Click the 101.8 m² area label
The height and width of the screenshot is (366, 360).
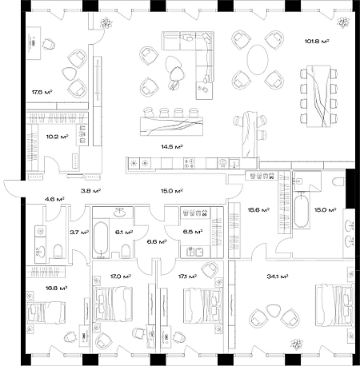tap(317, 42)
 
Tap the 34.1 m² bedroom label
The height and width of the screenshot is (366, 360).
tap(278, 276)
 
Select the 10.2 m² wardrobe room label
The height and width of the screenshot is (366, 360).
tap(57, 137)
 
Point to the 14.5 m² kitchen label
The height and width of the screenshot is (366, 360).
tap(172, 146)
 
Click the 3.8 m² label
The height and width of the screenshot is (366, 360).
tap(90, 191)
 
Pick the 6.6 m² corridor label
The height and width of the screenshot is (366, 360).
tap(157, 241)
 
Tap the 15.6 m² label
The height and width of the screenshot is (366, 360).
tap(258, 210)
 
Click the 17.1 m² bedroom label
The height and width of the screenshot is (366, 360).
tap(187, 276)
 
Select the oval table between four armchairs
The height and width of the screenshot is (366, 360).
tap(258, 60)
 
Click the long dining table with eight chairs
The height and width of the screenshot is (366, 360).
tap(318, 96)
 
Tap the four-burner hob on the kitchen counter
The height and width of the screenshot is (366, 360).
tap(189, 163)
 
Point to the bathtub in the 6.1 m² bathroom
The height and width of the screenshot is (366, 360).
tap(101, 239)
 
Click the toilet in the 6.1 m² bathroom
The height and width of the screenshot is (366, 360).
tap(126, 251)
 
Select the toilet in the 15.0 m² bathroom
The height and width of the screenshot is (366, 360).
tap(339, 181)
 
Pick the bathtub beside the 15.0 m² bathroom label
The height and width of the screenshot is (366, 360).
tap(302, 211)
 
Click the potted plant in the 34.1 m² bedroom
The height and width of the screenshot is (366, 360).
tap(297, 344)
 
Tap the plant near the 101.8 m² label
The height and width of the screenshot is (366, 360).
tap(343, 22)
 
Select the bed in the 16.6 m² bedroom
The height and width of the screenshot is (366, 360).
tap(46, 312)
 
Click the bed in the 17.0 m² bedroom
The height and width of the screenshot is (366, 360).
tap(114, 304)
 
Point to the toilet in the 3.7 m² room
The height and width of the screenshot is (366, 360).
tap(58, 251)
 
